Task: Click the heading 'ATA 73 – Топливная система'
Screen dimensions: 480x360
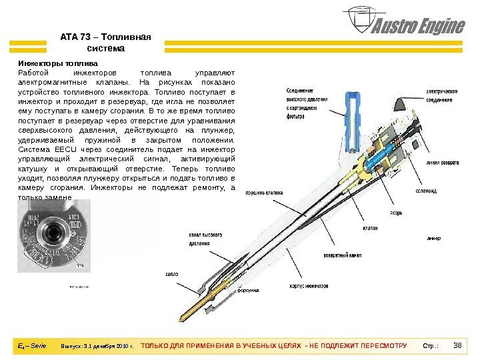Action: click(106, 43)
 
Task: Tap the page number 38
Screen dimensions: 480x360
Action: click(457, 346)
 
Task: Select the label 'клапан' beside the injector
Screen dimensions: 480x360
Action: click(372, 228)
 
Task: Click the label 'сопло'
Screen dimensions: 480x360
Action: click(171, 274)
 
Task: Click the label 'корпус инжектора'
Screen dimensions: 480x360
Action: click(308, 286)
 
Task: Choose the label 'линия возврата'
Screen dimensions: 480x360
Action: click(441, 161)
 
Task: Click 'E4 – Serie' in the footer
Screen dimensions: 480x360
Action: click(32, 346)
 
